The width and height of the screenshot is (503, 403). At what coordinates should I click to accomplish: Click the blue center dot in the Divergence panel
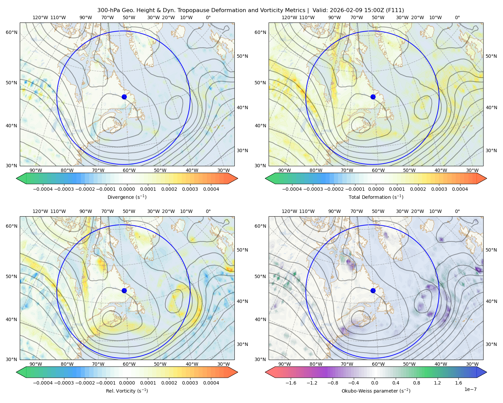point(124,97)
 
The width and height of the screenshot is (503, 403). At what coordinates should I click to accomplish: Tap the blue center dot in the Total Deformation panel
point(373,97)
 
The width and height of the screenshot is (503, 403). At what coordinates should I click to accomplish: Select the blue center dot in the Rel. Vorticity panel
point(124,290)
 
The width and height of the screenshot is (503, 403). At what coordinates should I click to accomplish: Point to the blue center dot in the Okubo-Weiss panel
point(373,290)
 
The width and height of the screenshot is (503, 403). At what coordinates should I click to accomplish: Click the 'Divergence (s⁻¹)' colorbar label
point(127,197)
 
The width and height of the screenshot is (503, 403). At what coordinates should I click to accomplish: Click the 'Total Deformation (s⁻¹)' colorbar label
point(376,197)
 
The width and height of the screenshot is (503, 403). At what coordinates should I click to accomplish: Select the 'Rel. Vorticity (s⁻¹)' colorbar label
point(127,391)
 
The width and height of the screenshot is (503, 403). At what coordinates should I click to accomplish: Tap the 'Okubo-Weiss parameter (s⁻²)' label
point(376,391)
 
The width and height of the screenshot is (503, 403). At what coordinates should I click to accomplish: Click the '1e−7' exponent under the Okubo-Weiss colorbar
point(470,389)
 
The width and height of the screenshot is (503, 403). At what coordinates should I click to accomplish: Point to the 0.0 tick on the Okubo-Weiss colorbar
point(375,383)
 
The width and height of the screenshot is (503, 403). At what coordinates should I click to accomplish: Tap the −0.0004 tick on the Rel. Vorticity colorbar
point(43,383)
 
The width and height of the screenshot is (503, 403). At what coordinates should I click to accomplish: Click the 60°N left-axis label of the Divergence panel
point(11,32)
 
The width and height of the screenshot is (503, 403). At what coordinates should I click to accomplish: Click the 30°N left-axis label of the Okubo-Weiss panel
point(260,359)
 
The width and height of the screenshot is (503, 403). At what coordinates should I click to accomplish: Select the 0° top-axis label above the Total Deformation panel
point(457,18)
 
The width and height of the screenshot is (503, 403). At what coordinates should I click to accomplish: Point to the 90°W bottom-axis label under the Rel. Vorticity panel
point(36,364)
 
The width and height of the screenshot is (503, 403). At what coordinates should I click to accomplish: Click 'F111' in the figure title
point(396,10)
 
